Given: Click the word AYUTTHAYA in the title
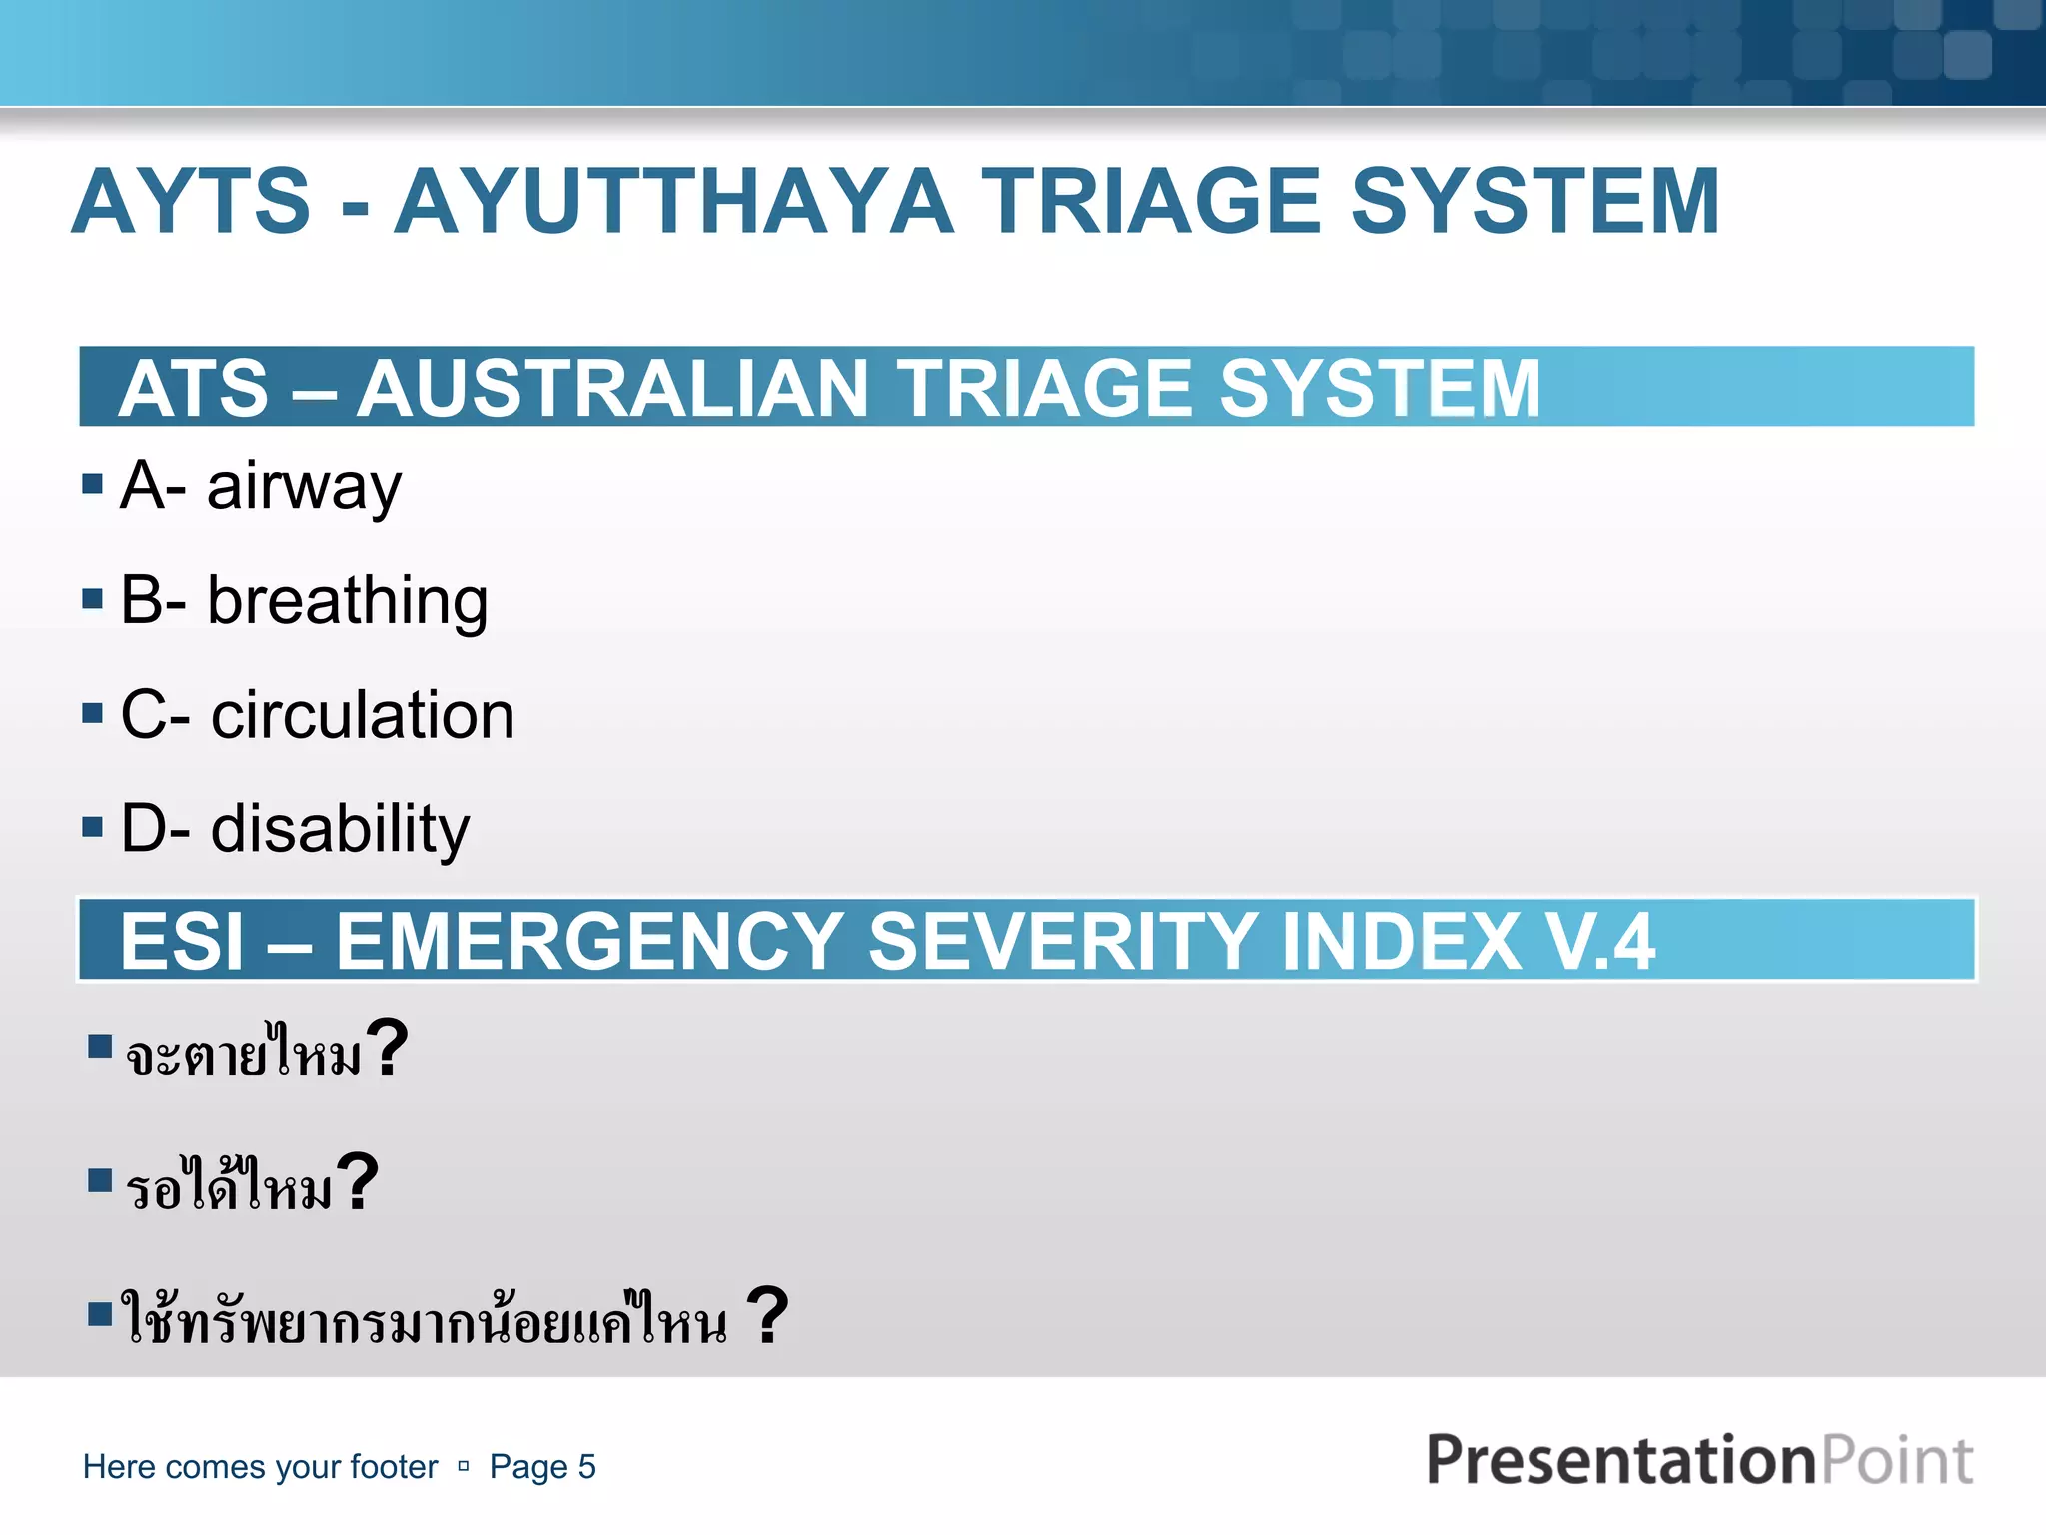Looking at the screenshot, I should [x=674, y=202].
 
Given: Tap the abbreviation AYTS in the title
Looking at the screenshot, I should [x=192, y=202].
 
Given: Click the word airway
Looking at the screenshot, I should [x=304, y=487].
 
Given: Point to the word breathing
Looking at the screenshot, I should [x=347, y=601].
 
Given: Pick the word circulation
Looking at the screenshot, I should [x=363, y=716].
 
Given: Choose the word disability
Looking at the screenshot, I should [x=340, y=829].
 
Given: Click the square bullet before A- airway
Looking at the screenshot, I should [x=93, y=485].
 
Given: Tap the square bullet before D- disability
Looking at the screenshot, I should [x=93, y=827].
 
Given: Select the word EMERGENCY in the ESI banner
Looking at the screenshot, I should [x=589, y=941].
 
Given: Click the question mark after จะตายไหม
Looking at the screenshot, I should [x=387, y=1049].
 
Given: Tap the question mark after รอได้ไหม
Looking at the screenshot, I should [x=357, y=1183].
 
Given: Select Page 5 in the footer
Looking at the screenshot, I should [x=542, y=1467].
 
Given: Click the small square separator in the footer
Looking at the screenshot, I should [x=464, y=1467].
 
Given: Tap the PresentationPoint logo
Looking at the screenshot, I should [x=1698, y=1461].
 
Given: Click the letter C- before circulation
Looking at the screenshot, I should [x=155, y=716].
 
